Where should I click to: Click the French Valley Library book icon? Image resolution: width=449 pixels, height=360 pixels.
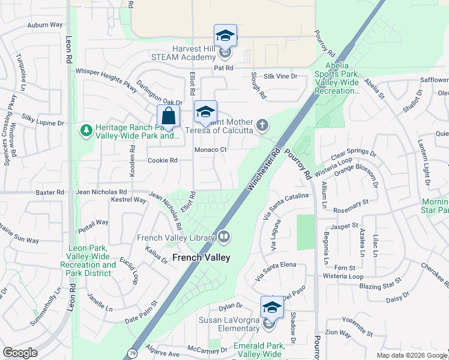pyautogui.click(x=224, y=238)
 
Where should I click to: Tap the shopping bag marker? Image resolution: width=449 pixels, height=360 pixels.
pyautogui.click(x=169, y=116)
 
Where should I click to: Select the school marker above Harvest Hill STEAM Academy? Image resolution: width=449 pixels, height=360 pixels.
pyautogui.click(x=225, y=35)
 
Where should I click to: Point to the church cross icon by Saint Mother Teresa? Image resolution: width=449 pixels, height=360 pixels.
pyautogui.click(x=262, y=125)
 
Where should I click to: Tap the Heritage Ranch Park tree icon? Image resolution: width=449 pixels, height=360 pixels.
pyautogui.click(x=86, y=130)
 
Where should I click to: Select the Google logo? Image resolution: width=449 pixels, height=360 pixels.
pyautogui.click(x=20, y=353)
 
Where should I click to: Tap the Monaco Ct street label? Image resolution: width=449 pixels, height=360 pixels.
pyautogui.click(x=210, y=150)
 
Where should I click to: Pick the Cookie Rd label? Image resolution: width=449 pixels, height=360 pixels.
pyautogui.click(x=163, y=160)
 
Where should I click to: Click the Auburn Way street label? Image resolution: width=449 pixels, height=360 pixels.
pyautogui.click(x=45, y=25)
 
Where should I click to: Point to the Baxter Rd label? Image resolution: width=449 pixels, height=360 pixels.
pyautogui.click(x=50, y=193)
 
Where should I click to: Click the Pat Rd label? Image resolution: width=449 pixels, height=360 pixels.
pyautogui.click(x=223, y=68)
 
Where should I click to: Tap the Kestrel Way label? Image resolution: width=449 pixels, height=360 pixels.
pyautogui.click(x=133, y=200)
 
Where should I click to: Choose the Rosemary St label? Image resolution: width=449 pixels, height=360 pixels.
pyautogui.click(x=351, y=205)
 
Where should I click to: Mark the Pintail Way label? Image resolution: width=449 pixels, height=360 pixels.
pyautogui.click(x=94, y=223)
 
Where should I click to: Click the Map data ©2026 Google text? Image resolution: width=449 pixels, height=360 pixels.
pyautogui.click(x=411, y=355)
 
